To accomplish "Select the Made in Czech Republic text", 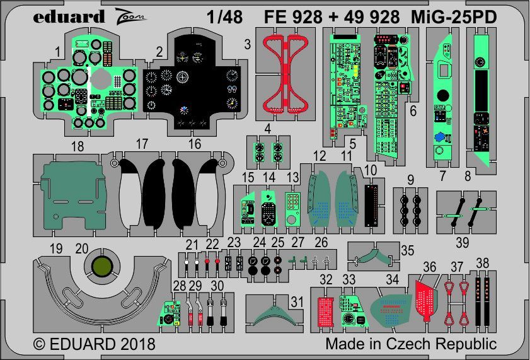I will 411,344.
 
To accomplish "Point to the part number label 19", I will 56,250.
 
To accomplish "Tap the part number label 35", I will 407,250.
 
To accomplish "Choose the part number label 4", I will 268,129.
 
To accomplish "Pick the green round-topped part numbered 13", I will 292,208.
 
